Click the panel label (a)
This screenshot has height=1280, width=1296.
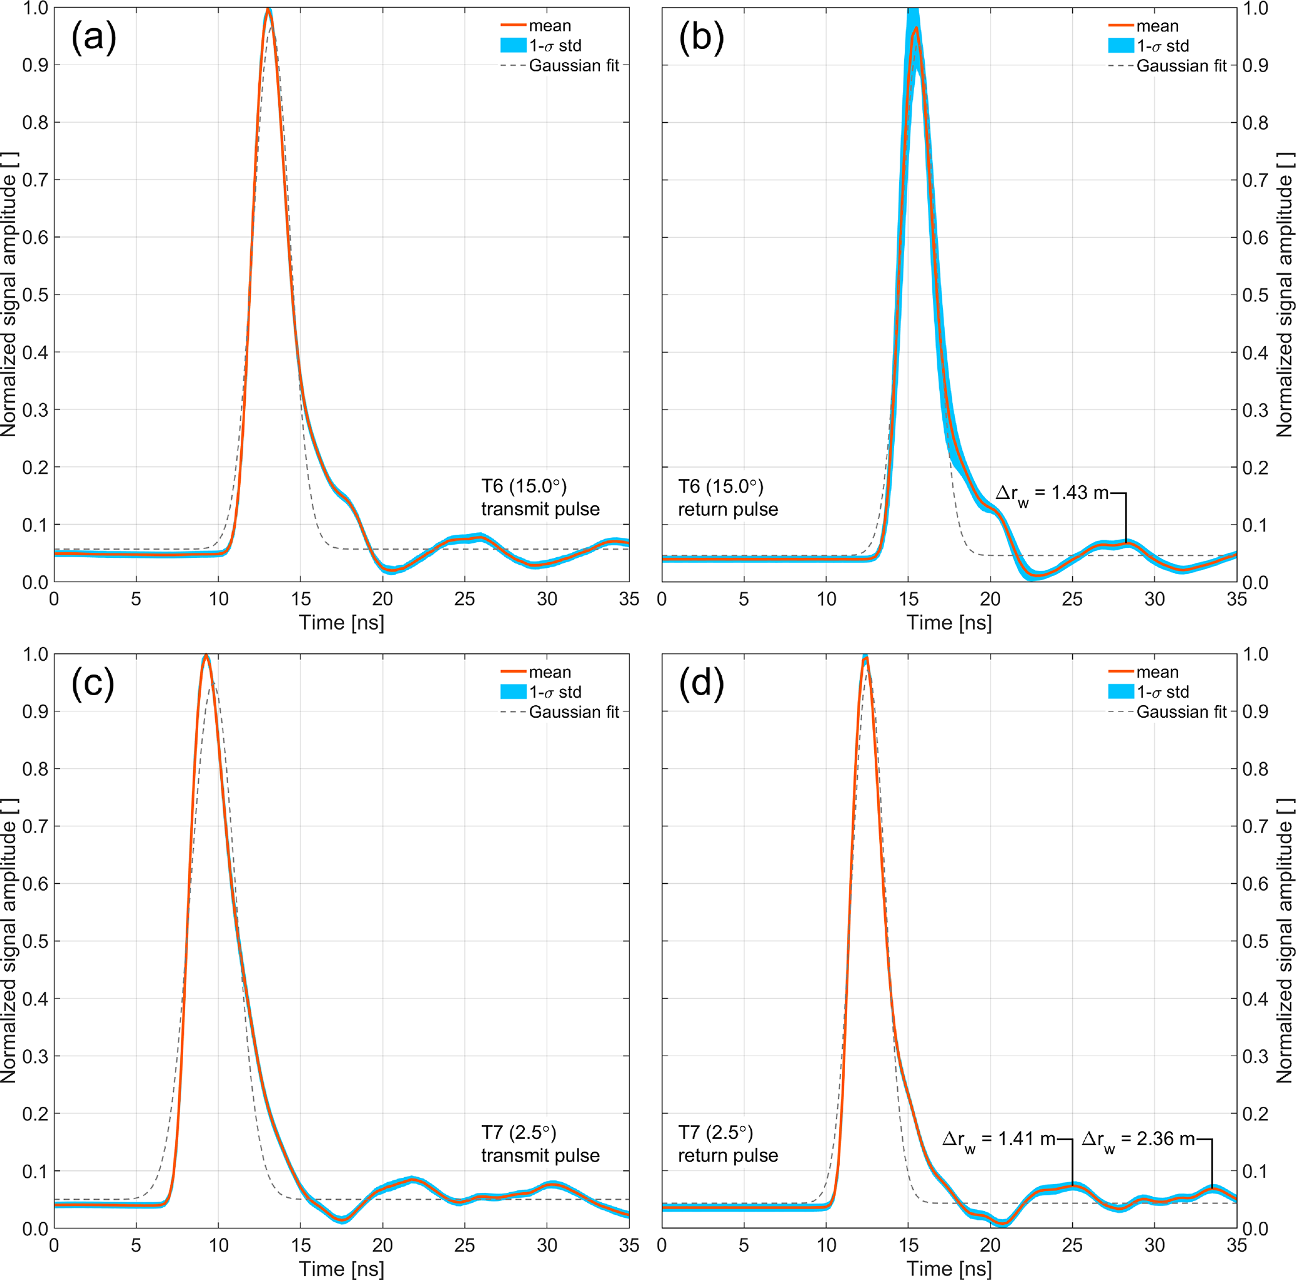pos(94,37)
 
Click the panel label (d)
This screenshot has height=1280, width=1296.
pos(701,683)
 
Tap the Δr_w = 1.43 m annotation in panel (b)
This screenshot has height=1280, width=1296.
pos(1052,493)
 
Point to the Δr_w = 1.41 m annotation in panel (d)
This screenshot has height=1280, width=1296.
pos(999,1139)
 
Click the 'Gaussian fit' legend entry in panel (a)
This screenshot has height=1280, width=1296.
pos(574,66)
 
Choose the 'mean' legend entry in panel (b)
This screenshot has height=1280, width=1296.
pos(1157,26)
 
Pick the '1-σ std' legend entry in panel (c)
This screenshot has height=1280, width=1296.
pos(555,692)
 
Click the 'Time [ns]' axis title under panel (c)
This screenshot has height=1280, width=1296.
pos(342,1268)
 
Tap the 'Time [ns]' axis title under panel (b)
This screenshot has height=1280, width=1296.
pos(949,622)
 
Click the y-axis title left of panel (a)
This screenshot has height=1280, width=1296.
pos(9,295)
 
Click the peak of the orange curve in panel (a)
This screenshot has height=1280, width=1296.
pos(268,9)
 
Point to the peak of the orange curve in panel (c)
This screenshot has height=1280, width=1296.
pos(206,656)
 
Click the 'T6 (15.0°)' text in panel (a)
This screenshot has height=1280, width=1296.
pos(524,486)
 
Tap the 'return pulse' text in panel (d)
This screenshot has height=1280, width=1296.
pos(728,1155)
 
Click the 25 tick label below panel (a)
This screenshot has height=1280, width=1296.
pos(465,599)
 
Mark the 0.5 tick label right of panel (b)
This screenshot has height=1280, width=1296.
pos(1255,295)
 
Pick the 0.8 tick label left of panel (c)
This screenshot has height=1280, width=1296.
pos(35,769)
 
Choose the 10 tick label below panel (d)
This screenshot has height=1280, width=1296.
pos(826,1245)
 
